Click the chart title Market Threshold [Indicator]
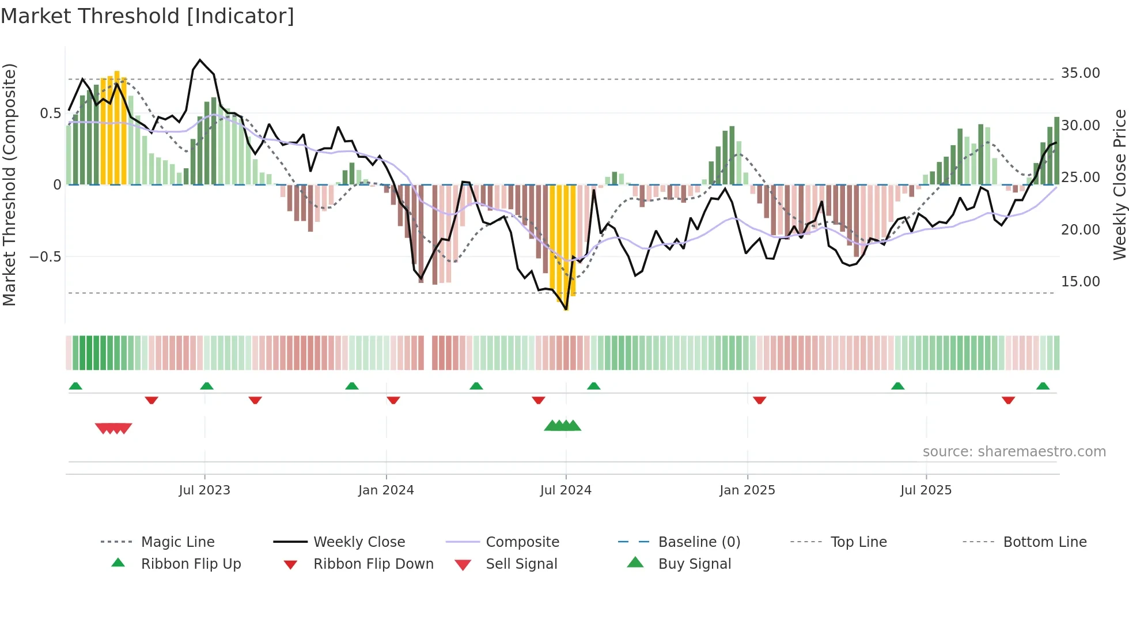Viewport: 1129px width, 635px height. click(x=147, y=16)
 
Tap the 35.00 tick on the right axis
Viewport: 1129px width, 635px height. click(x=1080, y=73)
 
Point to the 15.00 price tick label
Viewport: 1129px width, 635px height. click(x=1080, y=282)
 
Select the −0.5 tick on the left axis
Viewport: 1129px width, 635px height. click(x=45, y=257)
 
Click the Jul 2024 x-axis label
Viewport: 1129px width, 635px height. click(x=566, y=490)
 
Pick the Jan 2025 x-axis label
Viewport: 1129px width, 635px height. click(x=747, y=490)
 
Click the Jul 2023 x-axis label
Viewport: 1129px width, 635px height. click(x=204, y=490)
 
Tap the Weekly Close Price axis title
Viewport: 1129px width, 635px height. click(x=1119, y=184)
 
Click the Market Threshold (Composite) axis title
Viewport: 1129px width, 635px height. click(x=9, y=184)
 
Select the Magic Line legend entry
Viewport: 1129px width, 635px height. click(x=177, y=542)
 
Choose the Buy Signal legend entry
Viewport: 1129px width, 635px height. click(x=694, y=564)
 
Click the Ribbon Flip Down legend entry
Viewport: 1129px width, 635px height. click(x=373, y=564)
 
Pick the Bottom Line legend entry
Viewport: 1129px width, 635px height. click(x=1044, y=542)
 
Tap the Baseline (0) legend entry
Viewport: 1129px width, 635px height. click(x=699, y=542)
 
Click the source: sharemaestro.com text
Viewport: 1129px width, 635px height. click(x=1014, y=452)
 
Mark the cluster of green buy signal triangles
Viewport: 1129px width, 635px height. click(x=563, y=426)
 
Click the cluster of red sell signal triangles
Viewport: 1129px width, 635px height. click(x=113, y=428)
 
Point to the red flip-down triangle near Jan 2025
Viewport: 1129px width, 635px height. click(x=759, y=400)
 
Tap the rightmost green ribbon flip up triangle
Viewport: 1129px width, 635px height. click(x=1043, y=386)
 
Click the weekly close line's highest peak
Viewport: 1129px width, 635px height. click(x=200, y=60)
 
